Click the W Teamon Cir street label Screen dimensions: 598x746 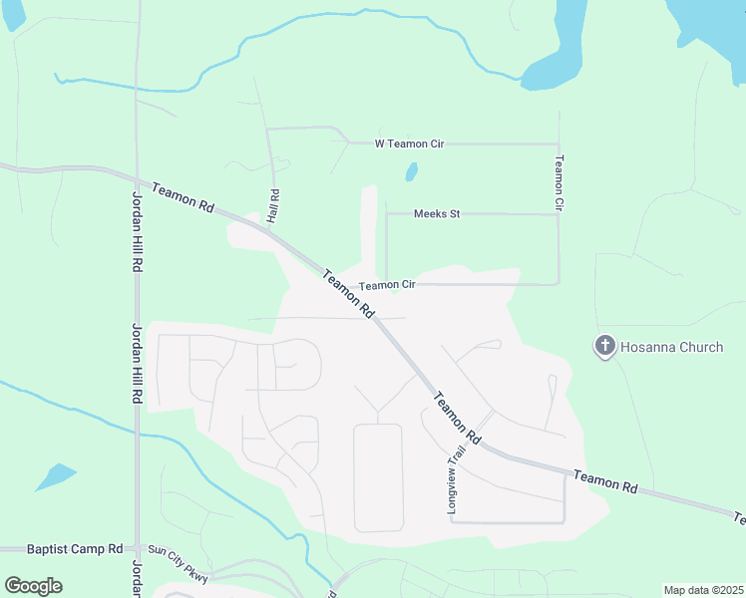[x=409, y=144]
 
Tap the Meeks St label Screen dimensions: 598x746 [x=436, y=213]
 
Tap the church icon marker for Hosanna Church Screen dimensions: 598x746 [x=603, y=347]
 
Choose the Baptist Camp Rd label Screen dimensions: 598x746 [x=75, y=548]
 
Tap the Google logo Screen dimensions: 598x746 [x=33, y=586]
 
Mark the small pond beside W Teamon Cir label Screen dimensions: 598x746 [x=411, y=171]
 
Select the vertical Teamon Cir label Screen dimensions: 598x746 [x=559, y=181]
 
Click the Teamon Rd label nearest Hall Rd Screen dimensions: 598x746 [x=183, y=196]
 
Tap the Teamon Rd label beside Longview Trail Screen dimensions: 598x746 [x=457, y=418]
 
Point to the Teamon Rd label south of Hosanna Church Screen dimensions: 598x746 [x=606, y=481]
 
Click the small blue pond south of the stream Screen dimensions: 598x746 [x=56, y=476]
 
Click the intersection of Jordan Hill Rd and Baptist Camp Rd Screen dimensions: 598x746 [x=138, y=549]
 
